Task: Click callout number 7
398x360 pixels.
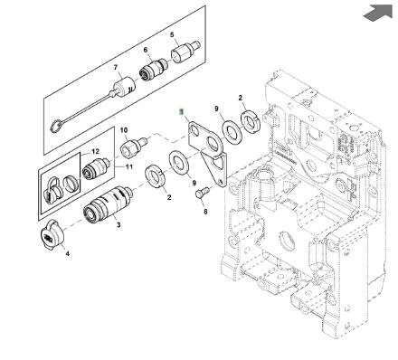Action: pos(116,68)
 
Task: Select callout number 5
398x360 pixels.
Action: pos(172,34)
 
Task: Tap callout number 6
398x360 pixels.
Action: pos(146,50)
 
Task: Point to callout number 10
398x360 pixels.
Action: pos(124,130)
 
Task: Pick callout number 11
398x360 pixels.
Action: pos(129,166)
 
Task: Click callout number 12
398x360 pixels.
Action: pos(95,151)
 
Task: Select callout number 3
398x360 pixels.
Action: pos(118,224)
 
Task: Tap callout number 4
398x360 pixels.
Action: pos(68,253)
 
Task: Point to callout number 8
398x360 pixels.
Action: pos(205,212)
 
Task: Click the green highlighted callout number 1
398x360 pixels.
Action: pos(181,112)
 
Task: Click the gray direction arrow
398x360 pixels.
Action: pos(378,13)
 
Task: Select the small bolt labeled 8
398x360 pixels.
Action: pos(201,192)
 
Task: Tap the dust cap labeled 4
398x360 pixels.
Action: pos(52,235)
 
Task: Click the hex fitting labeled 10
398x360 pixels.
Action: pos(134,146)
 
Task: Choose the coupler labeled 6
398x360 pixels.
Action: pos(154,69)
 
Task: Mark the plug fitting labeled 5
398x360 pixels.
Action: pos(185,51)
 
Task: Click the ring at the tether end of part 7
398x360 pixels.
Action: pos(56,125)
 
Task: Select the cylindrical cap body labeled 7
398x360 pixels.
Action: pos(125,87)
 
